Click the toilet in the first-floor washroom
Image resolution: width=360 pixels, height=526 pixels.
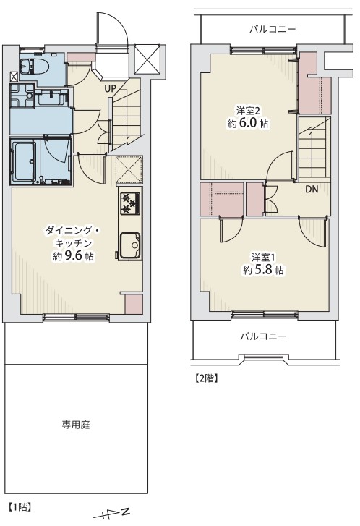pos(35,66)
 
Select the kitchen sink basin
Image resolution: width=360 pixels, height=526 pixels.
pos(130,245)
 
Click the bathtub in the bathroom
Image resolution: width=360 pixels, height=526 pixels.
pos(24,161)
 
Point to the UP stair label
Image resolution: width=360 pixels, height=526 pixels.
pos(110,89)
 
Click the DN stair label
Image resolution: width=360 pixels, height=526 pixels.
pos(312,189)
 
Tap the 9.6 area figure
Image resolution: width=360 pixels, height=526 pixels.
pos(73,255)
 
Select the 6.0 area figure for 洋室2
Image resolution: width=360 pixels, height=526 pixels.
pos(247,123)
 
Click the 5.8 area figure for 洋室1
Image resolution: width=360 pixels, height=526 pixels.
pos(263,269)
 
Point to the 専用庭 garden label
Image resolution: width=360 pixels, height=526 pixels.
pos(76,425)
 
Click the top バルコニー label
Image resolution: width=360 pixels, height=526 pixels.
pos(273,29)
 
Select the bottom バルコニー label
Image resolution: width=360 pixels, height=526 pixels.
pos(263,336)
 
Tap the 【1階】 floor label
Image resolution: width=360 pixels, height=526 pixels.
pos(20,506)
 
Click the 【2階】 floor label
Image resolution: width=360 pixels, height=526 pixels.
pos(207,378)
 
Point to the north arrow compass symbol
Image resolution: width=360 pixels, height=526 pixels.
pos(111,514)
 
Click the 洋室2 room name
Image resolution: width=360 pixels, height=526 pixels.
pos(248,111)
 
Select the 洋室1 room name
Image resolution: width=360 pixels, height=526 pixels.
pos(263,258)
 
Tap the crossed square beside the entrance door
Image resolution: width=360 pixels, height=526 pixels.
pos(147,59)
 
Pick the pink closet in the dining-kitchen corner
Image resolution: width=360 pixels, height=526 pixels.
pos(134,305)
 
